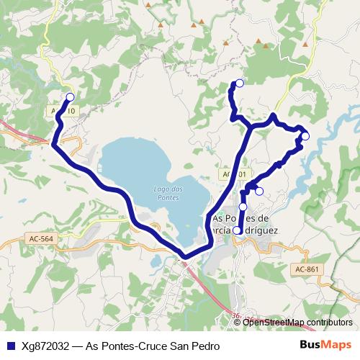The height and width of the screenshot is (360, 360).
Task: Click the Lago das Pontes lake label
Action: tap(166, 192)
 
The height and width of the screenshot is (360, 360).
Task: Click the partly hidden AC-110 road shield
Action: tap(60, 112)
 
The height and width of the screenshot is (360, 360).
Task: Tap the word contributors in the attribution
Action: tap(329, 323)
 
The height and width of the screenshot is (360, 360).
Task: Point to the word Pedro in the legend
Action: tap(204, 346)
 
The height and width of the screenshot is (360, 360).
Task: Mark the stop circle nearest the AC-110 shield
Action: tap(70, 97)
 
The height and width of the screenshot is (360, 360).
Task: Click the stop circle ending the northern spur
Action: tap(240, 84)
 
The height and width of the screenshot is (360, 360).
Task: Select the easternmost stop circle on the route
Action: tap(305, 136)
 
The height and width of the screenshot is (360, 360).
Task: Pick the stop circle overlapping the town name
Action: tap(237, 230)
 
